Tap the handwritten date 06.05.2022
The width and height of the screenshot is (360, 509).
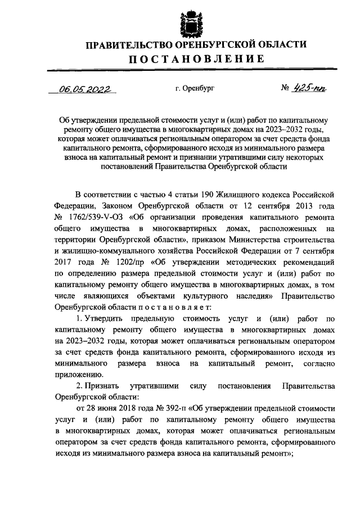pos(86,89)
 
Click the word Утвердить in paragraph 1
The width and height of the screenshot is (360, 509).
pos(98,318)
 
